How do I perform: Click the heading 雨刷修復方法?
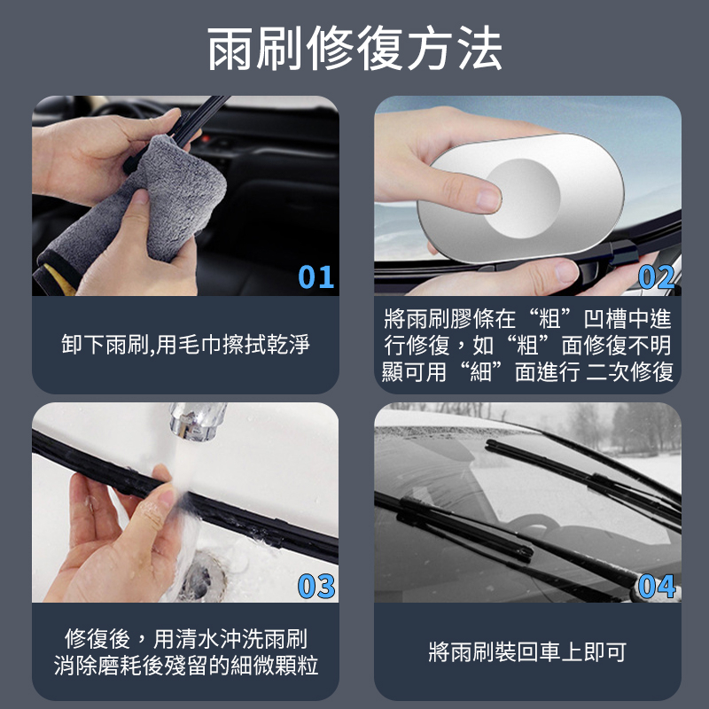pos(354,48)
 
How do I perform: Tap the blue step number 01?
pos(316,277)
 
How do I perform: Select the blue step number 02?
pos(657,277)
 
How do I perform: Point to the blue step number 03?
pos(316,587)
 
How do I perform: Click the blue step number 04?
pos(657,587)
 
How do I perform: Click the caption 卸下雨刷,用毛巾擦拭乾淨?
pos(185,345)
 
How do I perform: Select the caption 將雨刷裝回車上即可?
pos(527,651)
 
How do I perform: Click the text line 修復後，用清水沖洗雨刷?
pos(185,639)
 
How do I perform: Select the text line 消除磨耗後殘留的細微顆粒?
pos(186,666)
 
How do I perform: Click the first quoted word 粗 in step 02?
pos(549,319)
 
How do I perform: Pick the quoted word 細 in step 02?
pos(481,372)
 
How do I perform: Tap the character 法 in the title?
pos(479,48)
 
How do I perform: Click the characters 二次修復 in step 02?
pos(630,372)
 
